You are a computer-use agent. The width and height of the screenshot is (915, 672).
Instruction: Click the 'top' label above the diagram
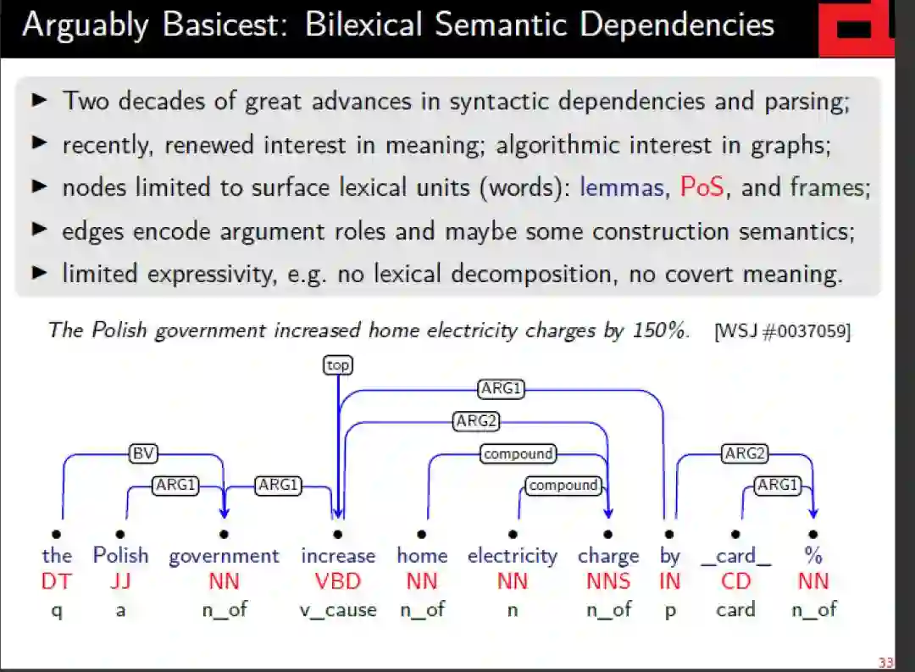[337, 365]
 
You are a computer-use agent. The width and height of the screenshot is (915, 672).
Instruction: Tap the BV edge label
[142, 453]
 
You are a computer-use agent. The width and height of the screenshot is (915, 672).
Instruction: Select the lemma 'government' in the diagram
[224, 556]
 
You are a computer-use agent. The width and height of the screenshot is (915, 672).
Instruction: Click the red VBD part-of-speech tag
[337, 581]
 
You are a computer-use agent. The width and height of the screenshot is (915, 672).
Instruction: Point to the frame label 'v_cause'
[337, 609]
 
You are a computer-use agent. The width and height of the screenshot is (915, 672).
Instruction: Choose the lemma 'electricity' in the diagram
[513, 556]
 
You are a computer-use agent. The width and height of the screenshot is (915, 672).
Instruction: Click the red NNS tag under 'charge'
[608, 581]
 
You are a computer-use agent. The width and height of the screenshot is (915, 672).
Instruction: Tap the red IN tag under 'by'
[669, 581]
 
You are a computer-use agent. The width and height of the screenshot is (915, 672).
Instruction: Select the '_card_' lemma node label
[735, 556]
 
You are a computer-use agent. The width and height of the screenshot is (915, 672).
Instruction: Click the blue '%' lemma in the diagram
[813, 556]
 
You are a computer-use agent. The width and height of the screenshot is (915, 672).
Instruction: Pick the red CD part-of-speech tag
[735, 581]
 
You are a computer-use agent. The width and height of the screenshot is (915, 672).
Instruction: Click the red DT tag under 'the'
[57, 581]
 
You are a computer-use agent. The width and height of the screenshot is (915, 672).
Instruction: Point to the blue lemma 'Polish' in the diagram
[120, 556]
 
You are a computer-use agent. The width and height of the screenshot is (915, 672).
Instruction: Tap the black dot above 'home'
[422, 534]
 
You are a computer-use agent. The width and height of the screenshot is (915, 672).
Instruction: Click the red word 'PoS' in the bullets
[702, 187]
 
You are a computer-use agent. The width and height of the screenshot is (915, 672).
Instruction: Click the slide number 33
[886, 662]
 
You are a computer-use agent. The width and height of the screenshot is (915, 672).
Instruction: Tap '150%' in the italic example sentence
[658, 330]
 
